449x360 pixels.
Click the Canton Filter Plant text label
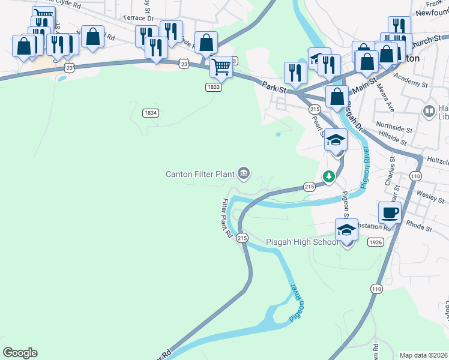click(x=200, y=174)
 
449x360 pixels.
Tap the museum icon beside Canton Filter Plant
click(x=244, y=174)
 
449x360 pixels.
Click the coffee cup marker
click(x=390, y=212)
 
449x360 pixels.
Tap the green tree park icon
click(x=328, y=176)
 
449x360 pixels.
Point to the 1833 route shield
click(x=214, y=87)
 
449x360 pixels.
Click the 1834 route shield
click(x=151, y=113)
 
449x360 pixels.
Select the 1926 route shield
click(x=376, y=242)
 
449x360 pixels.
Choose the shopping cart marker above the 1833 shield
click(x=221, y=66)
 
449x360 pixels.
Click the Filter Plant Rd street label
click(x=227, y=218)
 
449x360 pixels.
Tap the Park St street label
click(x=274, y=86)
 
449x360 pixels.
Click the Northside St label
click(x=394, y=129)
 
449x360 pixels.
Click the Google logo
click(x=20, y=353)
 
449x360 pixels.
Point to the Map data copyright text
click(x=423, y=355)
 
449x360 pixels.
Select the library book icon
click(x=429, y=111)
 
